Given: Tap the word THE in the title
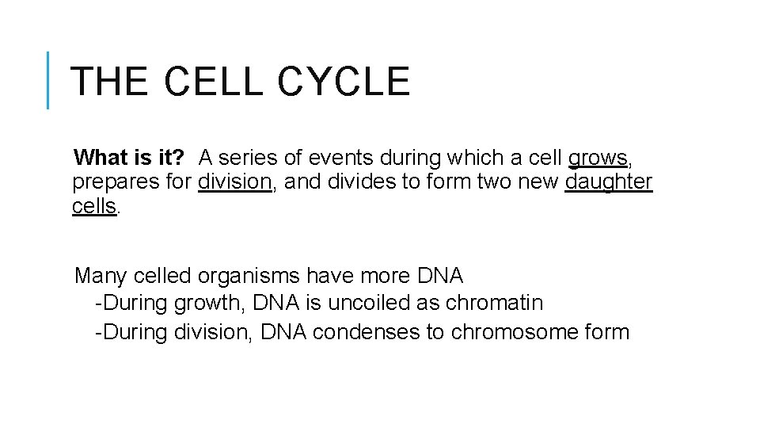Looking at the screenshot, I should pyautogui.click(x=108, y=82).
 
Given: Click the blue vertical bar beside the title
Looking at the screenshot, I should pyautogui.click(x=48, y=80).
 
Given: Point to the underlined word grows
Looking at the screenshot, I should pyautogui.click(x=598, y=157).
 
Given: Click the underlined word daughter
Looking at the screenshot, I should pyautogui.click(x=609, y=182).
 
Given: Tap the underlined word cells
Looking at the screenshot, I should pyautogui.click(x=94, y=207).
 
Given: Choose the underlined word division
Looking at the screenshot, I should pyautogui.click(x=235, y=182).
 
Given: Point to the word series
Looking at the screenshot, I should pyautogui.click(x=253, y=157).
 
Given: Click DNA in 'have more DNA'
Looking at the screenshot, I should pyautogui.click(x=439, y=276).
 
